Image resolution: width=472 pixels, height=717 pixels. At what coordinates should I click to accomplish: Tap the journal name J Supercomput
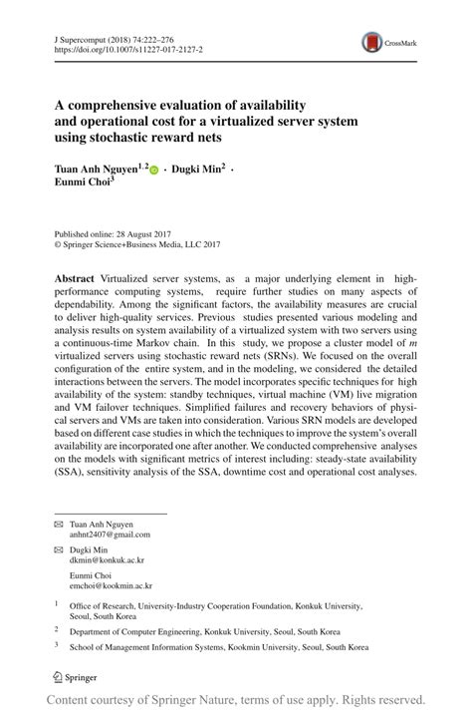coord(84,35)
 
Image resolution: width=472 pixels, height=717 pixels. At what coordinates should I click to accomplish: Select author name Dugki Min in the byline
coord(200,171)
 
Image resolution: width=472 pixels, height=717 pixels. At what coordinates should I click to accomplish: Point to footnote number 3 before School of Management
coord(57,644)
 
